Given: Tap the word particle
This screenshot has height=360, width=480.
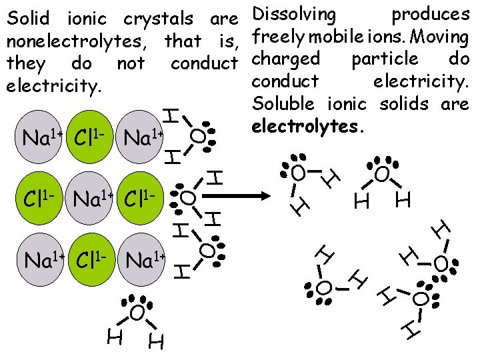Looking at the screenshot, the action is click(385, 59).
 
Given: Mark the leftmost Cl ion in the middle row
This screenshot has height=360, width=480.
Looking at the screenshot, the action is click(41, 198).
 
